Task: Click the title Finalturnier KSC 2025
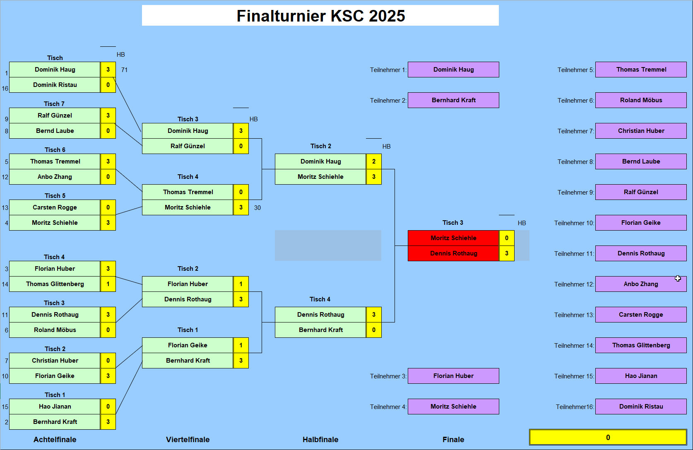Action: pos(320,16)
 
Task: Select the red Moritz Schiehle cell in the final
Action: pos(453,238)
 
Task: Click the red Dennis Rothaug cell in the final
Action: pos(453,253)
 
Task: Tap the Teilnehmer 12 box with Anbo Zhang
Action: pos(640,284)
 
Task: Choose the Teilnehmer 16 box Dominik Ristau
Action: pos(640,407)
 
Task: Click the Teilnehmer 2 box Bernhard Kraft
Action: pos(453,100)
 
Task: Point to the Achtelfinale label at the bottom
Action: pos(55,440)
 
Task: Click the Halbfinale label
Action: pos(320,440)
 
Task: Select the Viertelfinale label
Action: pos(188,440)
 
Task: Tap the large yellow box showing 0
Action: pos(608,438)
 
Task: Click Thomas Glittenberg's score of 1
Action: pos(108,284)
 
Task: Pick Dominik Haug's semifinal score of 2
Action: pos(374,161)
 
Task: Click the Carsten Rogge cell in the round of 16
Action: pos(55,207)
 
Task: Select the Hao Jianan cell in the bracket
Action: pos(55,407)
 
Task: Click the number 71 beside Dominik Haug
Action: pos(124,70)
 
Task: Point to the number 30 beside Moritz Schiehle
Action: pos(257,208)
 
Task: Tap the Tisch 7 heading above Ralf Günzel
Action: pos(54,104)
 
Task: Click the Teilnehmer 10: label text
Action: pos(574,223)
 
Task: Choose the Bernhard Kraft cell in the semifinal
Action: pos(320,330)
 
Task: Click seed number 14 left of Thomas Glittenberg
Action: pos(5,284)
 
